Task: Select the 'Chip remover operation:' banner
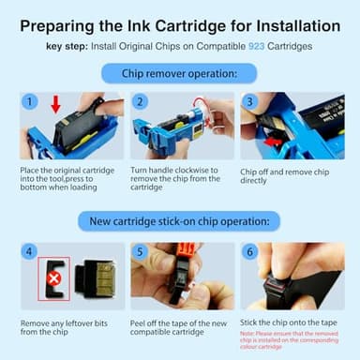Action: coord(179,72)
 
